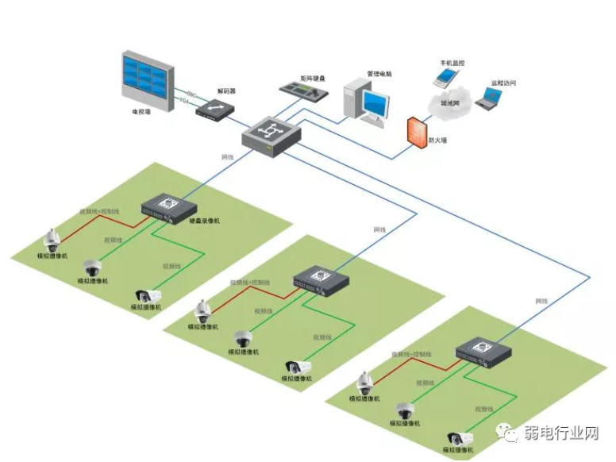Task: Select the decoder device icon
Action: [x=212, y=109]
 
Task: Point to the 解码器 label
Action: [x=226, y=91]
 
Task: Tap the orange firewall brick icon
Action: [x=416, y=132]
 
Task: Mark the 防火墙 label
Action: [x=437, y=141]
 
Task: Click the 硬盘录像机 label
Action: [x=204, y=221]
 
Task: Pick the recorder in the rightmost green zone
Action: [x=483, y=350]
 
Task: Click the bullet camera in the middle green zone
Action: [x=299, y=368]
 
